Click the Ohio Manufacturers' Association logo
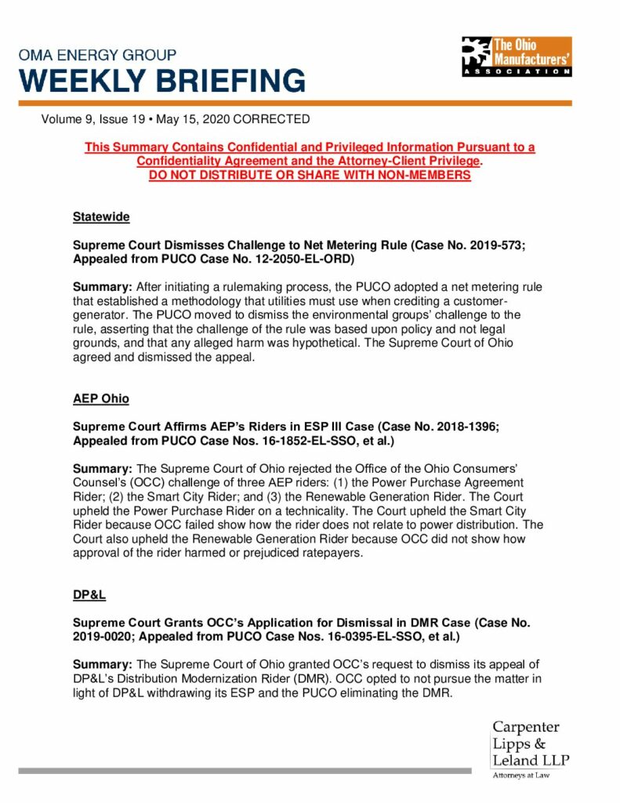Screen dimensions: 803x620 516,56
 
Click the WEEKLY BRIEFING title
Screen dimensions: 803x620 162,81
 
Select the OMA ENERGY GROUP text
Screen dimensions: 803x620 97,56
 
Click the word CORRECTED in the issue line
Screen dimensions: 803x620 272,119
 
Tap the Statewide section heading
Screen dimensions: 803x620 101,216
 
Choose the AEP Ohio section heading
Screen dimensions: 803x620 101,398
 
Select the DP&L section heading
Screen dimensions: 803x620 89,594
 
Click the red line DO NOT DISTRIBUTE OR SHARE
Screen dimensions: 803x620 310,175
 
